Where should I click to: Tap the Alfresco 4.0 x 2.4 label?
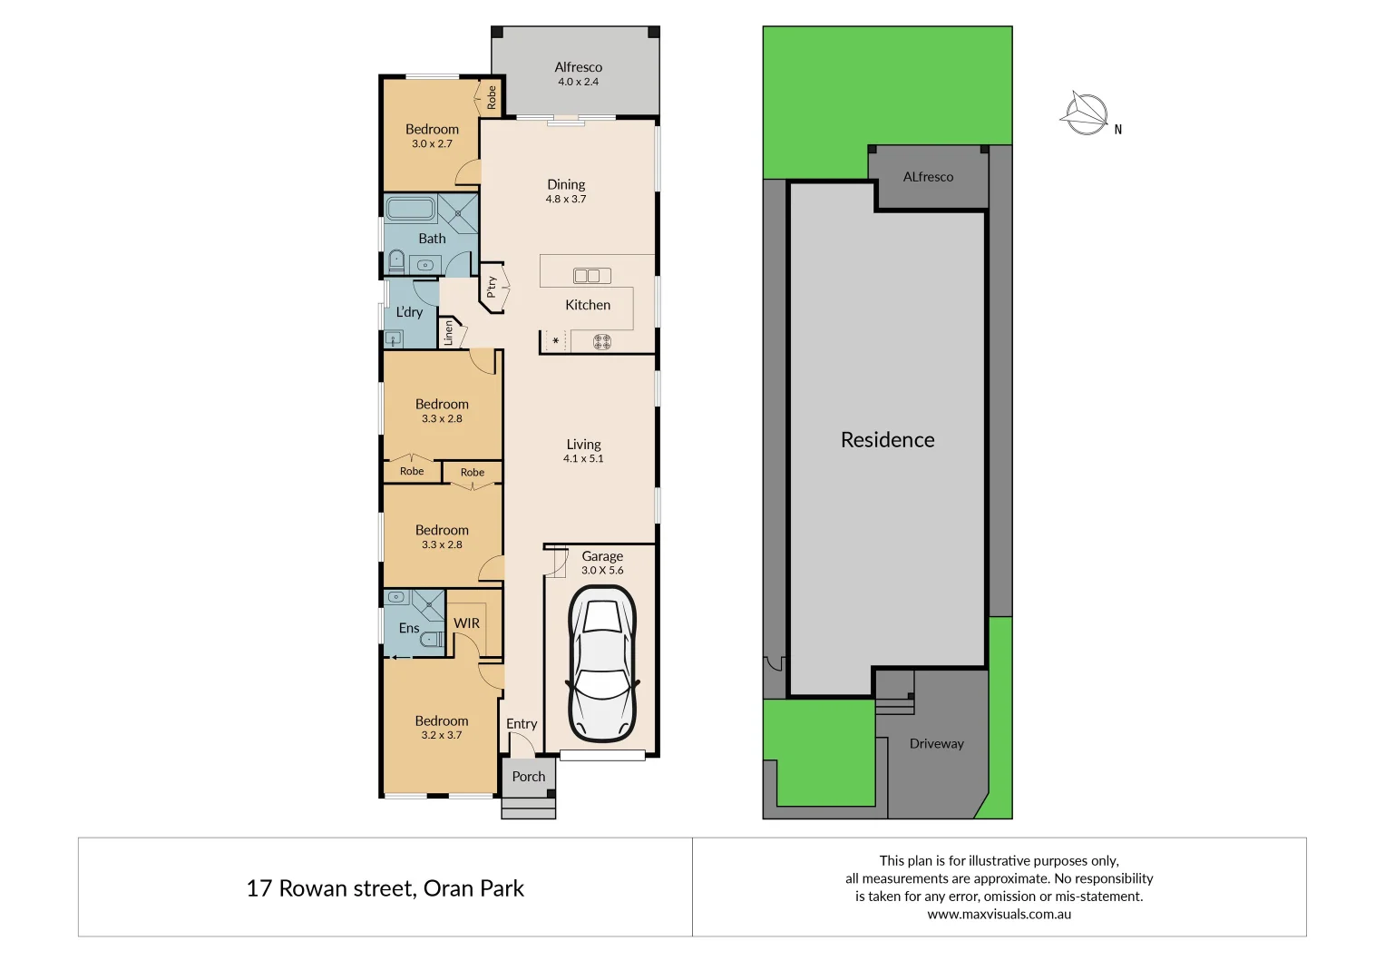click(578, 73)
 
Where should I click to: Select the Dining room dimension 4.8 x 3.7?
click(566, 200)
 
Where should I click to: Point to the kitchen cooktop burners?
click(602, 342)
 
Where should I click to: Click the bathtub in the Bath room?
click(411, 209)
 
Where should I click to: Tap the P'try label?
click(492, 288)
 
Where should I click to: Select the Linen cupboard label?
click(448, 333)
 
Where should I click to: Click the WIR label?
click(467, 623)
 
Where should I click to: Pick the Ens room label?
click(409, 628)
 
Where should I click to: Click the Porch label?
click(529, 777)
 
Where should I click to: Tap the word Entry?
click(522, 724)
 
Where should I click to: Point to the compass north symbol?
click(1086, 115)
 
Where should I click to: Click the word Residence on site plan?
click(887, 440)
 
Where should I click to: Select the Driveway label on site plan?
click(936, 744)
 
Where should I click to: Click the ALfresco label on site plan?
click(928, 177)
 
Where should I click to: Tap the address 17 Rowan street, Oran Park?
click(385, 888)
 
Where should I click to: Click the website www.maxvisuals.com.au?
click(999, 915)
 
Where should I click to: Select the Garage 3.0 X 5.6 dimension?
click(602, 571)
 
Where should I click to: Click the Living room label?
click(583, 445)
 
